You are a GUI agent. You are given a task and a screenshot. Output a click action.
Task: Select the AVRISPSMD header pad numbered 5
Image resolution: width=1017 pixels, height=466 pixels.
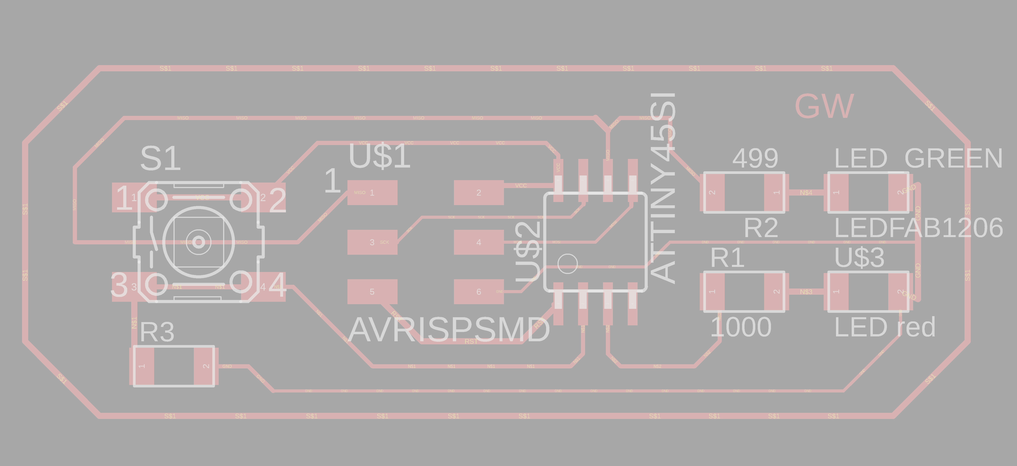click(372, 292)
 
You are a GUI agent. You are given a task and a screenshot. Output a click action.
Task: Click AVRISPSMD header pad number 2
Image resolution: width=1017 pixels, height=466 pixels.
click(478, 192)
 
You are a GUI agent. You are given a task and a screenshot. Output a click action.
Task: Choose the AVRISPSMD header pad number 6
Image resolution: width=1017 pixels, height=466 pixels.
click(478, 292)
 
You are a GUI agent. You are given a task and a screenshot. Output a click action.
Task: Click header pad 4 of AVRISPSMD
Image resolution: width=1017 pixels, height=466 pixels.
click(478, 242)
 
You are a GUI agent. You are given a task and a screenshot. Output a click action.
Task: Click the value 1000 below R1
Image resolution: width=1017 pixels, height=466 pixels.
click(741, 327)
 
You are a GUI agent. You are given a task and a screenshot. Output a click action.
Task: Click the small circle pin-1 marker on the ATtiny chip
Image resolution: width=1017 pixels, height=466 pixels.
click(567, 263)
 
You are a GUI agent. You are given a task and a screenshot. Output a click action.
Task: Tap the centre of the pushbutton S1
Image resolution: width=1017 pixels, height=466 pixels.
click(198, 242)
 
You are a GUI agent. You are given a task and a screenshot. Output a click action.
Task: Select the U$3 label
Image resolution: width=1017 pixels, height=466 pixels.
click(859, 258)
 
